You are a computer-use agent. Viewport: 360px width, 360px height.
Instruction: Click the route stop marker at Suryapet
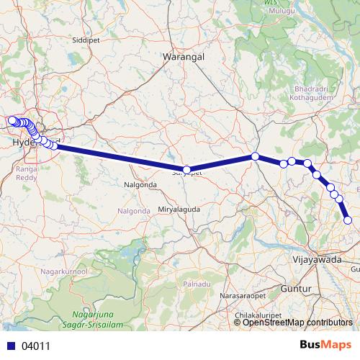(x=186, y=171)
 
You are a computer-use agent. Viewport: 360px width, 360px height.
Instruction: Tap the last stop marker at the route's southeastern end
(x=348, y=220)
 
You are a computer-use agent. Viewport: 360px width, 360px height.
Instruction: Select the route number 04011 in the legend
(x=36, y=346)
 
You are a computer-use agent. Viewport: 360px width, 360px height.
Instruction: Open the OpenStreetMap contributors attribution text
(x=297, y=322)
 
